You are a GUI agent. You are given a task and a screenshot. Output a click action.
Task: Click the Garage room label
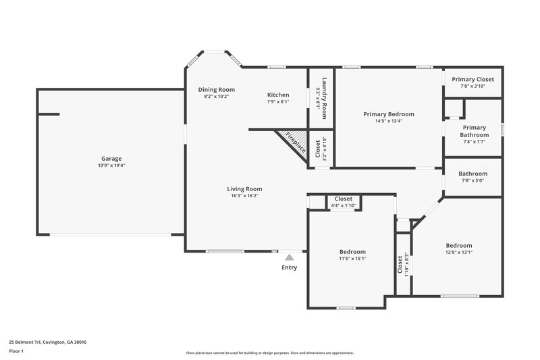point(111,159)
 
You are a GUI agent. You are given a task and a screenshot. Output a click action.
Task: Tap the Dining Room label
point(216,90)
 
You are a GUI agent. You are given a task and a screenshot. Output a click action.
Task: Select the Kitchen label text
point(278,95)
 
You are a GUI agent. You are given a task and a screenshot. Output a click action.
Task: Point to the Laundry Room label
point(324,95)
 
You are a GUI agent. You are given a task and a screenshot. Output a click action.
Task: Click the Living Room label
point(244,188)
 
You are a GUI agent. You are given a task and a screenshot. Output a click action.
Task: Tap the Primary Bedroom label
point(388,114)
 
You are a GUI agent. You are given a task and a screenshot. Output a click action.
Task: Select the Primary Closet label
point(477,79)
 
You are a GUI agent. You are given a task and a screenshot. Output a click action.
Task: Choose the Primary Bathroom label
point(475,131)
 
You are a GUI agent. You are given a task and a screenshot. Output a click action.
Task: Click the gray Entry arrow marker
point(289,257)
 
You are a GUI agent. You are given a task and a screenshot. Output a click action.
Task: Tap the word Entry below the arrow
point(289,267)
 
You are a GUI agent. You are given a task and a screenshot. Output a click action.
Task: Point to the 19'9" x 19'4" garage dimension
point(111,166)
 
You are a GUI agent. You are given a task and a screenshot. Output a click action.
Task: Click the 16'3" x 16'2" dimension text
point(244,196)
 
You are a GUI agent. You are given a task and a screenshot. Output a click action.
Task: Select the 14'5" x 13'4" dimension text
point(388,122)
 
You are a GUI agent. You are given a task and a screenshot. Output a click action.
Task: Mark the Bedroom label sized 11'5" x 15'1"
point(352,251)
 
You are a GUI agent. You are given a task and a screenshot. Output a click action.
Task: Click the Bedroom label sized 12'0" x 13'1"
point(459,245)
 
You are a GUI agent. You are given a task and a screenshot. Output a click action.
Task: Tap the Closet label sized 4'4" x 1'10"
point(343,199)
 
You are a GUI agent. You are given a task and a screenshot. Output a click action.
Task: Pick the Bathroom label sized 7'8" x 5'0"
point(473,174)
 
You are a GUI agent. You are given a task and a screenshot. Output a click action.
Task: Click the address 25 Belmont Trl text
point(47,342)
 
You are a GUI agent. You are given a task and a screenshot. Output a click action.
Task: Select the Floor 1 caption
point(16,351)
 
